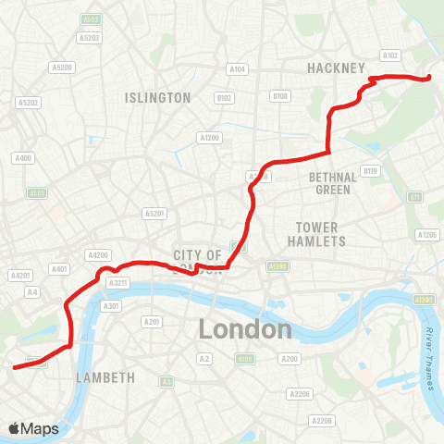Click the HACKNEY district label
(x=338, y=68)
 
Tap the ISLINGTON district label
(x=158, y=97)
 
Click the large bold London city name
(x=245, y=329)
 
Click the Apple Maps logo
(x=33, y=428)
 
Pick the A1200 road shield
(x=209, y=137)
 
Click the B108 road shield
(x=280, y=95)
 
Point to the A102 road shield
(x=390, y=55)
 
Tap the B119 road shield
(x=371, y=170)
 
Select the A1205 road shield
(x=426, y=235)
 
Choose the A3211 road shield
(x=117, y=282)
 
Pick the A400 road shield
(x=23, y=158)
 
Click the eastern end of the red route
(x=429, y=78)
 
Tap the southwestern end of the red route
(x=15, y=367)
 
